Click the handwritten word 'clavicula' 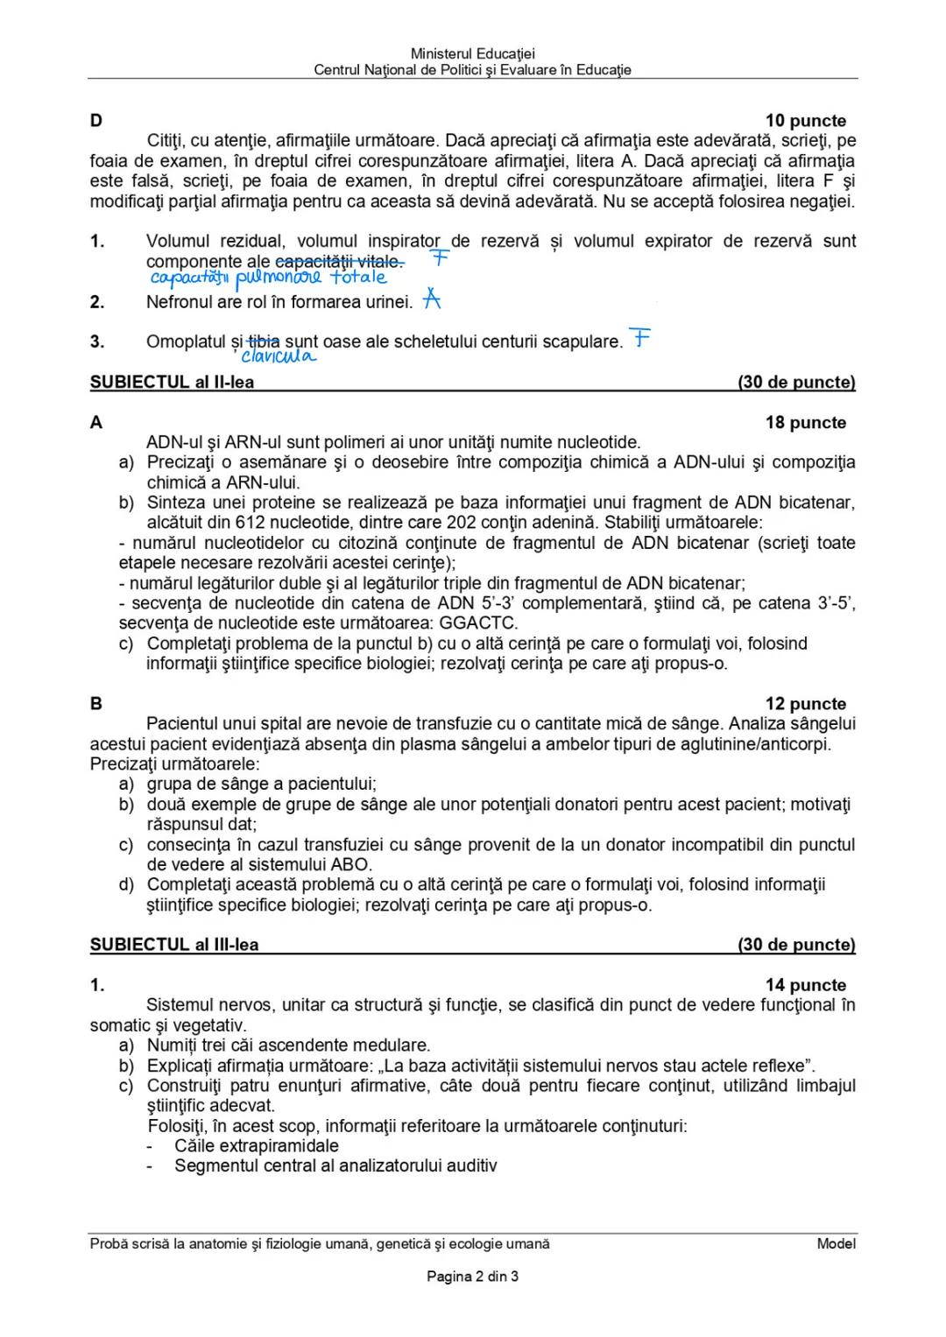tap(278, 356)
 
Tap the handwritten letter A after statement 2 tap(431, 299)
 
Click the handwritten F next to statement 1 tap(440, 258)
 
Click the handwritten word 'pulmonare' tap(279, 278)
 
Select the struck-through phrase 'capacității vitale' tap(339, 262)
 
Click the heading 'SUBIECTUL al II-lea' tap(172, 382)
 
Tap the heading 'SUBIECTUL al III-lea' tap(174, 945)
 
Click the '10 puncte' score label tap(805, 121)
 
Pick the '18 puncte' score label tap(805, 423)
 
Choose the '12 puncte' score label tap(805, 704)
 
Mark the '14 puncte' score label tap(805, 985)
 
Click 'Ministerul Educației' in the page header tap(472, 54)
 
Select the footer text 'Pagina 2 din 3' tap(472, 1277)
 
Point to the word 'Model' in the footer tap(836, 1243)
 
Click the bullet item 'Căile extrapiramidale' tap(256, 1146)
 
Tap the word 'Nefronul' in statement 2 tap(180, 302)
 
